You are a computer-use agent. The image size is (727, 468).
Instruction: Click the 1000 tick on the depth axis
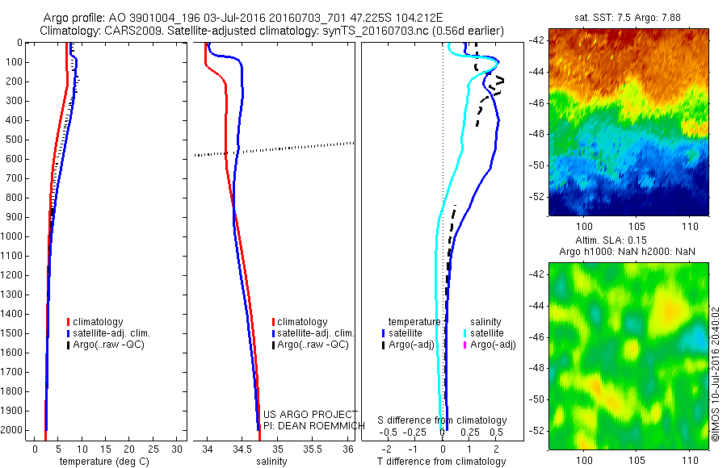point(14,236)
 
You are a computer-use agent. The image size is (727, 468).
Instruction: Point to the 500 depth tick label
point(14,140)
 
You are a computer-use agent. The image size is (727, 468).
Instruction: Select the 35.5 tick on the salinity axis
point(313,449)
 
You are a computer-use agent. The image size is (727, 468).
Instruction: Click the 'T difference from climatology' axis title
point(443,462)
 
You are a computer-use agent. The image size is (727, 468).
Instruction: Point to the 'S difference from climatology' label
point(443,420)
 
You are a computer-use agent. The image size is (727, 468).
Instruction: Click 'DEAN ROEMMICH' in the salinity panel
point(317,424)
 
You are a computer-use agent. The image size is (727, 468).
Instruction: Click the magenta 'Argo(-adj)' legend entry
point(492,345)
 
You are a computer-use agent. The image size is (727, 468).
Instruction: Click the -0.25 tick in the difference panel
point(420,432)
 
